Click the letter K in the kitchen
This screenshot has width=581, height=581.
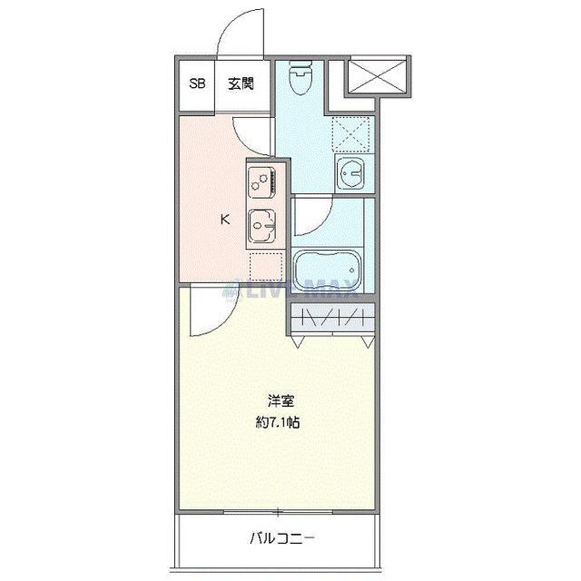(224, 218)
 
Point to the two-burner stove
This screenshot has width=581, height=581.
(261, 182)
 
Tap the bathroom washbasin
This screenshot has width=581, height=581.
(350, 170)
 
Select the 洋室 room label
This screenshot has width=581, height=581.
(280, 399)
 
